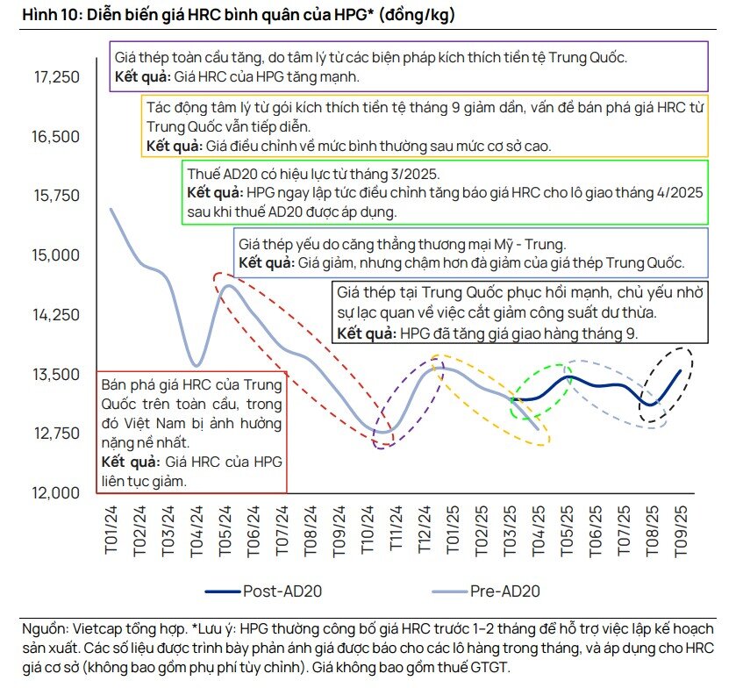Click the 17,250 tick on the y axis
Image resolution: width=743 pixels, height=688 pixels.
point(57,77)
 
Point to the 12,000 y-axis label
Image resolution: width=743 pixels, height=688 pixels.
point(57,493)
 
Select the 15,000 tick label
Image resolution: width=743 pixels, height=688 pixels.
point(57,255)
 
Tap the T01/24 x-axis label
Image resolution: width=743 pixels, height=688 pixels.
point(111,530)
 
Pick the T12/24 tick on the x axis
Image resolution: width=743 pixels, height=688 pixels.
point(424,530)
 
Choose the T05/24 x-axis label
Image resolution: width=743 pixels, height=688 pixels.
point(225,530)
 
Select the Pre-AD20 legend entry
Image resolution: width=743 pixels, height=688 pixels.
point(504,591)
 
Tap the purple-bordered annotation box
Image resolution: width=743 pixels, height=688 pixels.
point(408,67)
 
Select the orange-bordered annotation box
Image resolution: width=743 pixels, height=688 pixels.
point(424,125)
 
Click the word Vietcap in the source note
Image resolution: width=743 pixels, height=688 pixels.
point(96,628)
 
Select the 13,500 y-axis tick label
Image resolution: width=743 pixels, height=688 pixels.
point(57,375)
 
